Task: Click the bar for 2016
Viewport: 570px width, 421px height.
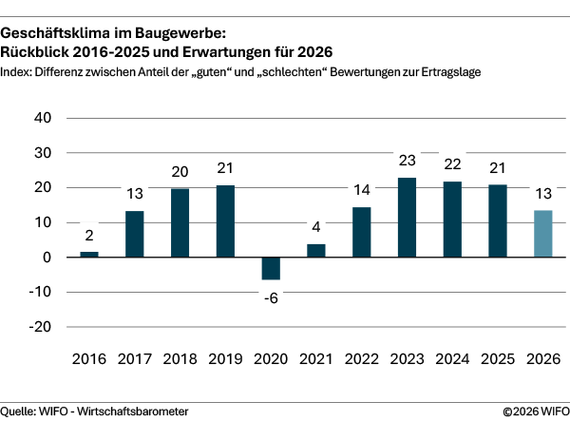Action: click(88, 254)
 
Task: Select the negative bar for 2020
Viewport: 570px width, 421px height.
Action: click(271, 268)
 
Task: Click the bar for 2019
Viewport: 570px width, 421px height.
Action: click(225, 220)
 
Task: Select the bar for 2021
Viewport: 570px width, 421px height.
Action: click(316, 250)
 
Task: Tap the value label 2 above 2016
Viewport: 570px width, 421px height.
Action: click(88, 236)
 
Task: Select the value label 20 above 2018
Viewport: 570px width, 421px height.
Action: click(180, 172)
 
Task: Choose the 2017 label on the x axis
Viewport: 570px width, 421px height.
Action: click(134, 359)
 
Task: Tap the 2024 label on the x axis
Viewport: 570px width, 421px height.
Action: click(452, 359)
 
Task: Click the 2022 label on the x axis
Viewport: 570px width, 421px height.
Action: click(362, 359)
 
